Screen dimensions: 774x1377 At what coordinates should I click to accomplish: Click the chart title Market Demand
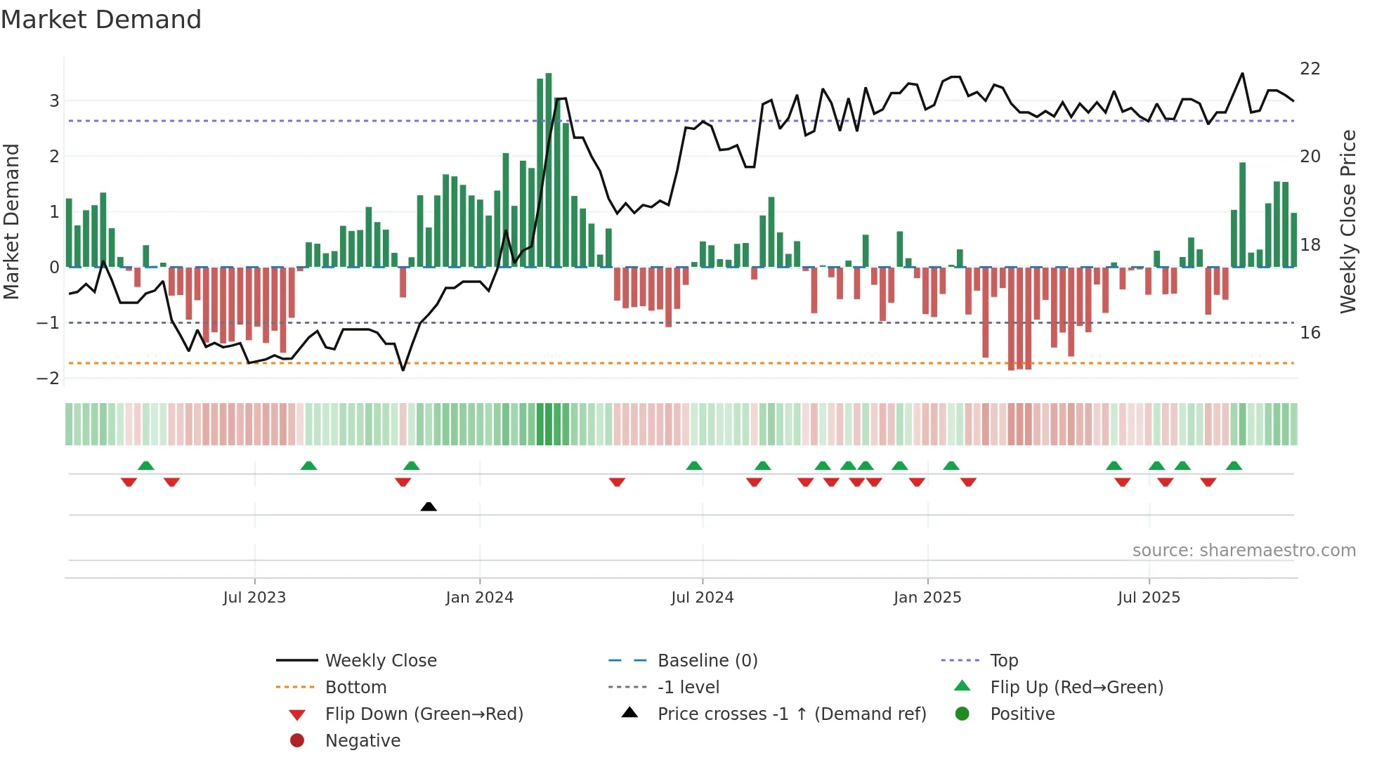pyautogui.click(x=101, y=20)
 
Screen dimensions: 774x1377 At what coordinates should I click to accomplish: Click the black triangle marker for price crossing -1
pyautogui.click(x=429, y=506)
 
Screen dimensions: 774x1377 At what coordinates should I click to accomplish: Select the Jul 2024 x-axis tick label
pyautogui.click(x=702, y=598)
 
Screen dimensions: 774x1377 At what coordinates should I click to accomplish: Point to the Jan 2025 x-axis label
pyautogui.click(x=927, y=598)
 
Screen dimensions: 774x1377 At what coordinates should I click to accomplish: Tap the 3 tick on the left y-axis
pyautogui.click(x=54, y=100)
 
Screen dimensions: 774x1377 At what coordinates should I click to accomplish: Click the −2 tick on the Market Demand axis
pyautogui.click(x=48, y=379)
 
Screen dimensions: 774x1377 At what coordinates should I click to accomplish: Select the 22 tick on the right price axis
pyautogui.click(x=1310, y=69)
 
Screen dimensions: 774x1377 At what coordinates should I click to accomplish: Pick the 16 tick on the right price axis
pyautogui.click(x=1310, y=333)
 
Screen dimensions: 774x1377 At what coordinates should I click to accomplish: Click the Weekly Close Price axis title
pyautogui.click(x=1347, y=221)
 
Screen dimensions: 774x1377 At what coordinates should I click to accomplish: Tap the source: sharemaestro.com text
pyautogui.click(x=1244, y=551)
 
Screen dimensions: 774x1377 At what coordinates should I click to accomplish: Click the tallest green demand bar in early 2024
pyautogui.click(x=549, y=169)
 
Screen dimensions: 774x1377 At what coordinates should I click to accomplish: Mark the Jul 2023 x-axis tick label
pyautogui.click(x=254, y=598)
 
